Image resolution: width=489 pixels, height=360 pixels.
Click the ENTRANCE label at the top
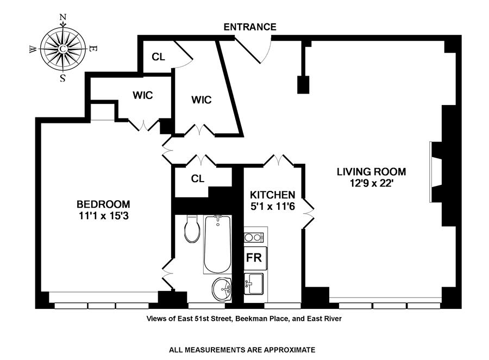click(249, 27)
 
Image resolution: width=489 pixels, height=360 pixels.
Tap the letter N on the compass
click(62, 17)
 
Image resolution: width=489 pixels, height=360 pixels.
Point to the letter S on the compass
click(62, 78)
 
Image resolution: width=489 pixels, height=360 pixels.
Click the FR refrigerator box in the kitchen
click(254, 258)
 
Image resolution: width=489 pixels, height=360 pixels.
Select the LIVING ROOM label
click(371, 172)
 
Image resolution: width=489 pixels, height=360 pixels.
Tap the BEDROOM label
click(103, 204)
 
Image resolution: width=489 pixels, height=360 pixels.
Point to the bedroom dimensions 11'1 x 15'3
click(103, 216)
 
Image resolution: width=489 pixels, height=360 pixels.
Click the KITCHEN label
click(272, 195)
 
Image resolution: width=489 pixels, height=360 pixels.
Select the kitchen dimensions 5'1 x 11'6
click(272, 206)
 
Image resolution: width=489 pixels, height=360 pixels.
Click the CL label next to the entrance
click(158, 57)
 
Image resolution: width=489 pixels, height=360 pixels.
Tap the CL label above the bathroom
click(197, 178)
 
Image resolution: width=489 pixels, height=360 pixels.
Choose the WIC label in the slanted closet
click(201, 100)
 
